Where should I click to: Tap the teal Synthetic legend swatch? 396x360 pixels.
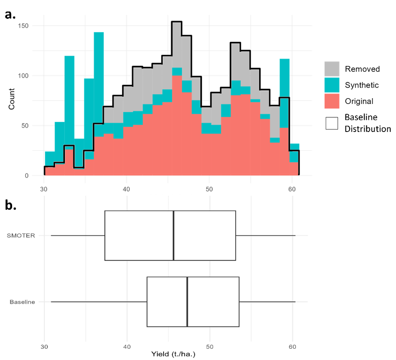point(332,85)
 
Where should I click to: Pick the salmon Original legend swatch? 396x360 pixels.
point(332,101)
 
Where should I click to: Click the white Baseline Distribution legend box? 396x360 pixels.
point(332,123)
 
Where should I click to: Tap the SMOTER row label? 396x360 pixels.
point(21,236)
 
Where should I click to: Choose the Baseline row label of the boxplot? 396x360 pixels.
point(22,302)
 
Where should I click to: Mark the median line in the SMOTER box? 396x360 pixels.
point(174,236)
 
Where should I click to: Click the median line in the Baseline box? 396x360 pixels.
point(187,302)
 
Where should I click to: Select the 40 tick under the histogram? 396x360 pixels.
point(127,188)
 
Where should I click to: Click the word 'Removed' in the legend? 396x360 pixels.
point(362,69)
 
